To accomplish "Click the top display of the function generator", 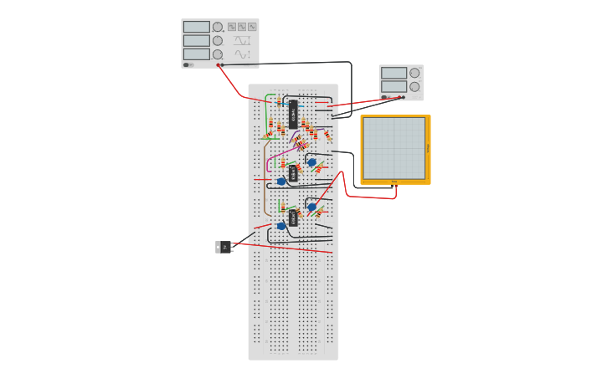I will coord(197,27).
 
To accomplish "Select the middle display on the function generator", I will coord(197,40).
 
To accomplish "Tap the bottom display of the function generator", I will coord(197,54).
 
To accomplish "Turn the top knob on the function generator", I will coord(218,27).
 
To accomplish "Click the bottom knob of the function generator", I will coord(218,54).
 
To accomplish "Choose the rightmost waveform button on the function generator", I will coord(252,27).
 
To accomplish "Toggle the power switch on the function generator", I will coord(188,64).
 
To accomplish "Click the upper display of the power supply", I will coord(394,73).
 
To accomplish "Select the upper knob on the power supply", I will coord(414,73).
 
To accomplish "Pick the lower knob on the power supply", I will coord(414,87).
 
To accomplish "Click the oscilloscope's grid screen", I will coord(394,147).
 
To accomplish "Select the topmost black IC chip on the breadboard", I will coord(293,114).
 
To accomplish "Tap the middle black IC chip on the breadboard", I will coord(293,173).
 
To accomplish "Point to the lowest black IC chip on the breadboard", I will coord(293,218).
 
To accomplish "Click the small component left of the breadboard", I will coord(224,247).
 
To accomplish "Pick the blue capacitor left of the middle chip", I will coord(281,182).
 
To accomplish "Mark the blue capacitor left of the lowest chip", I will coord(281,226).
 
